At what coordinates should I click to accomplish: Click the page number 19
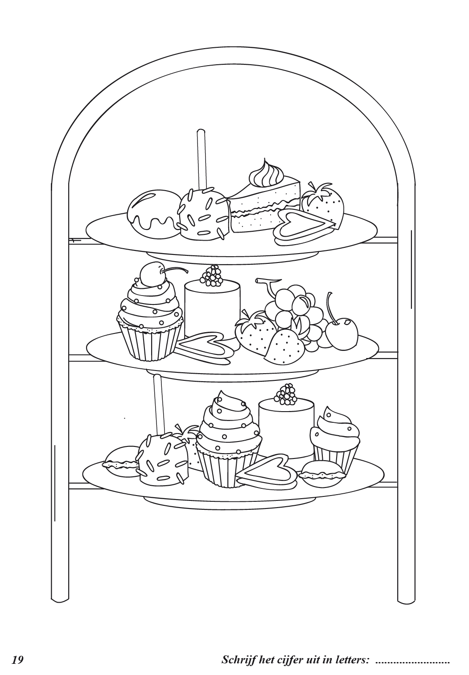pos(17,660)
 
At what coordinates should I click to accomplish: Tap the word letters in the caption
pos(350,660)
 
